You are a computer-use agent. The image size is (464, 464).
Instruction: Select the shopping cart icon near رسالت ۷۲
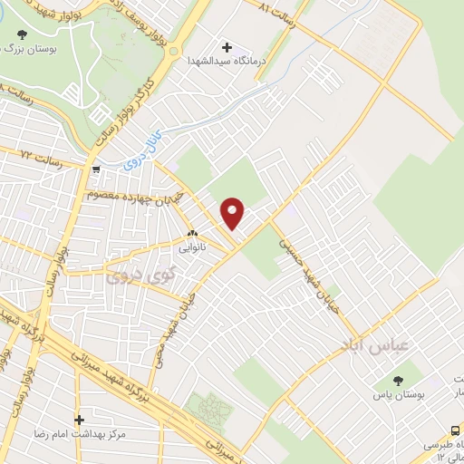95,168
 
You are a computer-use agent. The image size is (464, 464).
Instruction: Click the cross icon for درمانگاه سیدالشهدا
227,47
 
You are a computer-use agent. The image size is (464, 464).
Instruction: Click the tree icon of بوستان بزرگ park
21,35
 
